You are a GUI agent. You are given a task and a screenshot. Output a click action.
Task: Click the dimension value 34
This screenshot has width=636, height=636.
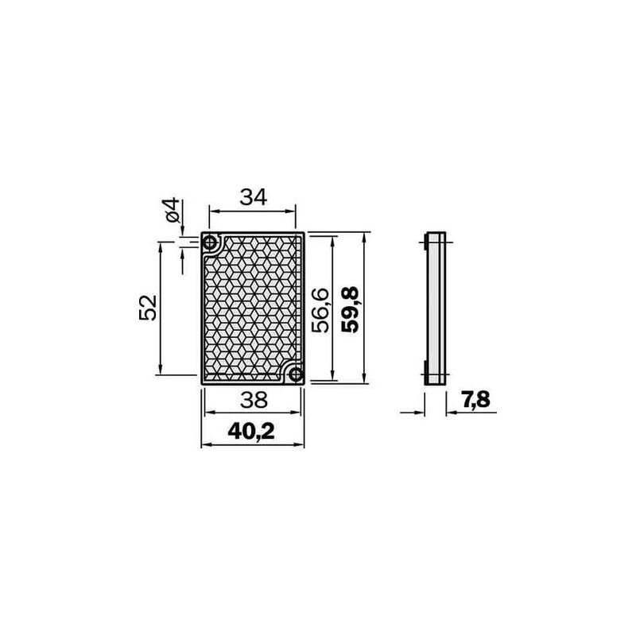pos(254,197)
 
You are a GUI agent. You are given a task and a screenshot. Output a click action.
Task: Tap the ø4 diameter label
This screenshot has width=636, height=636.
pos(173,210)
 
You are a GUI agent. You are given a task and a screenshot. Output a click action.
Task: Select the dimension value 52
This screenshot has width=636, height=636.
pos(148,308)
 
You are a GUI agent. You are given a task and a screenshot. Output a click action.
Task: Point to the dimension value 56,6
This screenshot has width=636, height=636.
pos(320,310)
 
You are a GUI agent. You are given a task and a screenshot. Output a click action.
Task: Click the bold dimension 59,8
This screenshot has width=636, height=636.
pos(350,309)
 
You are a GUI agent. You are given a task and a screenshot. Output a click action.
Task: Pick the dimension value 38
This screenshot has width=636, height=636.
pos(254,400)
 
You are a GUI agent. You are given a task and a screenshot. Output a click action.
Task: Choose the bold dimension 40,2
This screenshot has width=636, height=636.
pos(251,431)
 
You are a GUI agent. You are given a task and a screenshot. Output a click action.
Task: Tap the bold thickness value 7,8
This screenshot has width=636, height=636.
pos(475,400)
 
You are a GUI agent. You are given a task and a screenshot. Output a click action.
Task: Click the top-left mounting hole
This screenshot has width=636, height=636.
pos(209,243)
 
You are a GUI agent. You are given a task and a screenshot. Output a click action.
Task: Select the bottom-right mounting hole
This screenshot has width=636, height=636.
pos(296,374)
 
